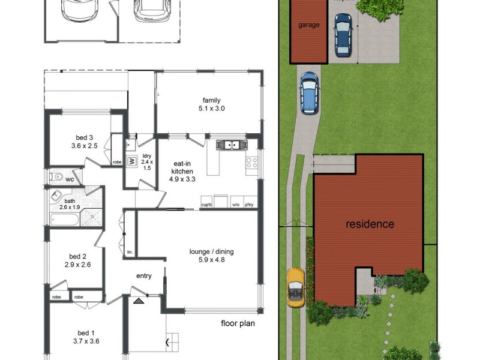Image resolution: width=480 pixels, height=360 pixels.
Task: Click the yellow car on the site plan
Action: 295,287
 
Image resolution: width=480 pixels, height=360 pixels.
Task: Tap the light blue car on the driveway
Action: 308,93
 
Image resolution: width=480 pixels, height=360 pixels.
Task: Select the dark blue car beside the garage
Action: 343,34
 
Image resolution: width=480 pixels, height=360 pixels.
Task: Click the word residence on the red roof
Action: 370,224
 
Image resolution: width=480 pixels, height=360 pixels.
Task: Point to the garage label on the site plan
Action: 309,25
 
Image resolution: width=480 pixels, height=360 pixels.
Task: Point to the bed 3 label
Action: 84,141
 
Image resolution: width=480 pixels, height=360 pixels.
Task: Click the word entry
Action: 143,276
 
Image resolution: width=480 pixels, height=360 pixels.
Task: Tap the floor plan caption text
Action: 238,324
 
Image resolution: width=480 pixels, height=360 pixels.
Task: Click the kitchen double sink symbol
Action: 229,145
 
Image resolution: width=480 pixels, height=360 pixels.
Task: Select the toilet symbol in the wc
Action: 57,176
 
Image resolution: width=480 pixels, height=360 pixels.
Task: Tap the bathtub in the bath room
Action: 64,220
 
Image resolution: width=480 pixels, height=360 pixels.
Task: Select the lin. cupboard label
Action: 129,252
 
